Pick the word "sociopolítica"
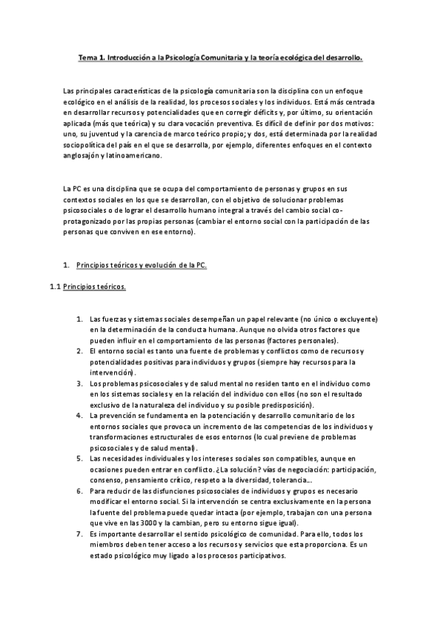click(85, 146)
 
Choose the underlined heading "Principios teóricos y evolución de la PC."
click(141, 265)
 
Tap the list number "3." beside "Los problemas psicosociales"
click(80, 383)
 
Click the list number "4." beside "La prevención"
click(80, 416)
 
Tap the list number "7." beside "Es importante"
click(80, 535)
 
